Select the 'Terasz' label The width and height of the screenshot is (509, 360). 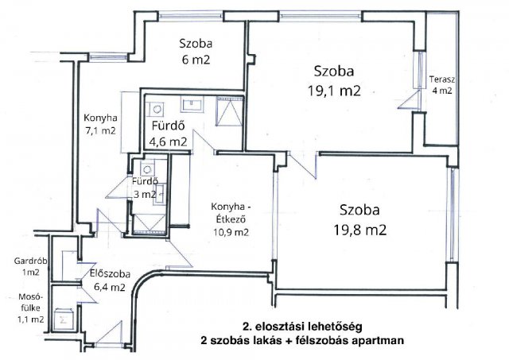(x=441, y=78)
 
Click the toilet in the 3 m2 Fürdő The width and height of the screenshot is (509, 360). (x=146, y=168)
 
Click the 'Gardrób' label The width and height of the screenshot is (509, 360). (x=26, y=261)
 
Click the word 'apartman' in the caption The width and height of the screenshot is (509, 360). (x=377, y=340)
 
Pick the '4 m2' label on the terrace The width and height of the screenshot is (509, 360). (x=441, y=91)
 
